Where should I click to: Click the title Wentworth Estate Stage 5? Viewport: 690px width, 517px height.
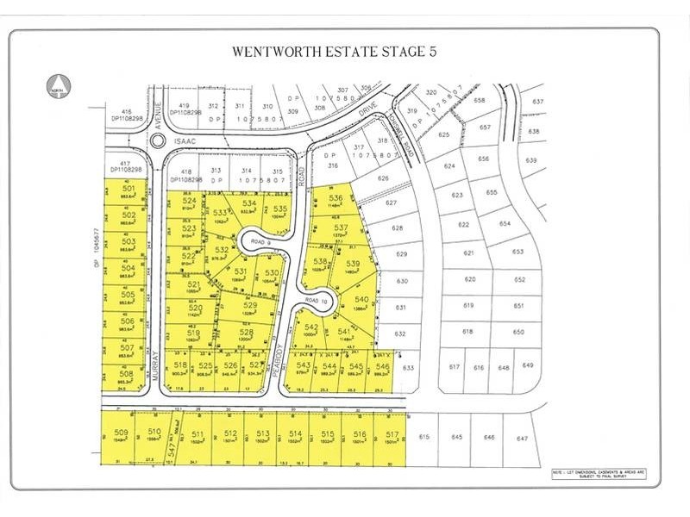[x=334, y=51]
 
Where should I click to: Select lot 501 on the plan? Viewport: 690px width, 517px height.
[x=129, y=191]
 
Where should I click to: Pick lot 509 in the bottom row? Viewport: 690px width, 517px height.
[x=122, y=435]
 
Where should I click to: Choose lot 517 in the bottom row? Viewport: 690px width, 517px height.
[x=393, y=435]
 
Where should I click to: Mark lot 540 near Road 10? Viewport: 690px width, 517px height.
[x=361, y=301]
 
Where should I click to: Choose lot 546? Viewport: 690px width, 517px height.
[x=382, y=366]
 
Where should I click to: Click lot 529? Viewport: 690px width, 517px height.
[x=251, y=307]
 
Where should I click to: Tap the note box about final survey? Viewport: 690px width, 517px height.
[x=598, y=474]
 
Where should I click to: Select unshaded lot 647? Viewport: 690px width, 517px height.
[x=522, y=439]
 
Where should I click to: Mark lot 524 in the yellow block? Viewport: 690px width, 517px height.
[x=189, y=202]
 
